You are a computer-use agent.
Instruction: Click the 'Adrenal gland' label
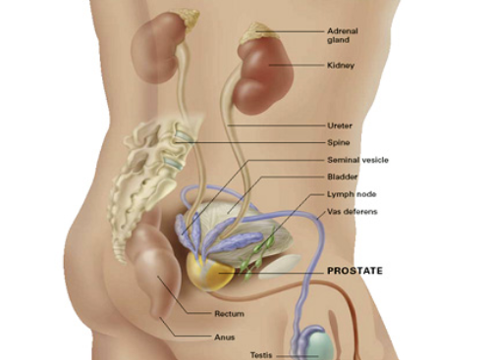343,35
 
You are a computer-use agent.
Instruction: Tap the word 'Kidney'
341,66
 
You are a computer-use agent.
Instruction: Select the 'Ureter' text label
340,126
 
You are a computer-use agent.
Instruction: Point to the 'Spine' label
339,142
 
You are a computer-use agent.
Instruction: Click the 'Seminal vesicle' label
357,160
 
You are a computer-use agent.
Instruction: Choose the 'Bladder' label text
343,177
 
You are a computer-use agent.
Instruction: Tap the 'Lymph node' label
352,194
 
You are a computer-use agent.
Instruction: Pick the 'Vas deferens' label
352,212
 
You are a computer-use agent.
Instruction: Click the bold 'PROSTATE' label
355,271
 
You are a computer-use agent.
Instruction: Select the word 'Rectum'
229,314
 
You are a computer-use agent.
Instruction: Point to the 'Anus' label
225,337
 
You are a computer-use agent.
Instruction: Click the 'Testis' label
261,355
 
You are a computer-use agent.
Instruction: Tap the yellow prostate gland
210,272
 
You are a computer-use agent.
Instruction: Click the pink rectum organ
157,268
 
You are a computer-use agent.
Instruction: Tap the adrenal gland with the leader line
257,32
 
